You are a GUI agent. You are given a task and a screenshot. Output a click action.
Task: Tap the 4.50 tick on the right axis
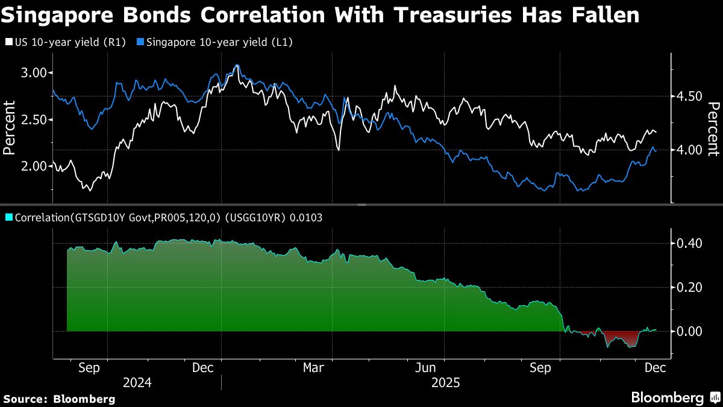tap(689, 96)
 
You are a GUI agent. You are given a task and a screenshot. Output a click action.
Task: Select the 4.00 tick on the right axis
tap(689, 150)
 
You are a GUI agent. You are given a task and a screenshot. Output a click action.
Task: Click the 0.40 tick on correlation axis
tap(689, 244)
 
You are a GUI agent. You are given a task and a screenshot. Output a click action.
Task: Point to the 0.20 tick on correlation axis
tap(689, 287)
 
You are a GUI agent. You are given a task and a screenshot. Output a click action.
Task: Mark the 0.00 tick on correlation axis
tap(689, 331)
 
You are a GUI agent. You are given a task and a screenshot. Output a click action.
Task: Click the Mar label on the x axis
tap(314, 367)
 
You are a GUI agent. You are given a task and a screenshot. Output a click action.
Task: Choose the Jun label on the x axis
tap(427, 367)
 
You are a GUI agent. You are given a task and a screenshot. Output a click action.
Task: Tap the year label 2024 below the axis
tap(137, 383)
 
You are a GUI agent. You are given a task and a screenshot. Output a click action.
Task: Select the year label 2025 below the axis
tap(445, 383)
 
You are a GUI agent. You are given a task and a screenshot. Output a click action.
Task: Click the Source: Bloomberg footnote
tap(59, 399)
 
